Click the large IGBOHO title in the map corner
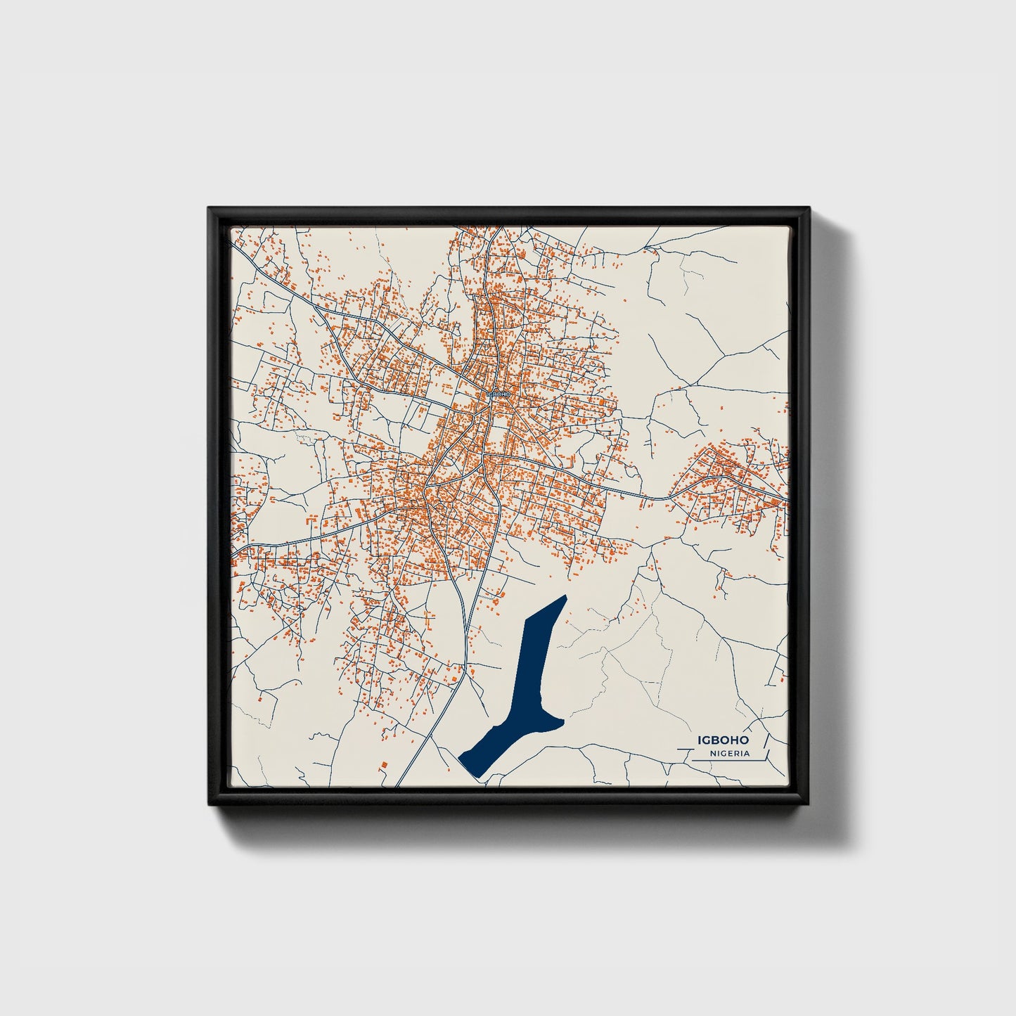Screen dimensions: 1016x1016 (723, 740)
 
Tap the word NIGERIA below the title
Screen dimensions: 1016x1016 (729, 754)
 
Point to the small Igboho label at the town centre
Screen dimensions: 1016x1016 (498, 394)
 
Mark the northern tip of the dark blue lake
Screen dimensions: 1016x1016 (564, 598)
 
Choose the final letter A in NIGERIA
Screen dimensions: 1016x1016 (746, 754)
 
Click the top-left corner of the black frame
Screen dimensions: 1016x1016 (210, 209)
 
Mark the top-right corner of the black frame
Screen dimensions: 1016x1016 (809, 209)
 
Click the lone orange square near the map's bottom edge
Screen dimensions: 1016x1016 (384, 764)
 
